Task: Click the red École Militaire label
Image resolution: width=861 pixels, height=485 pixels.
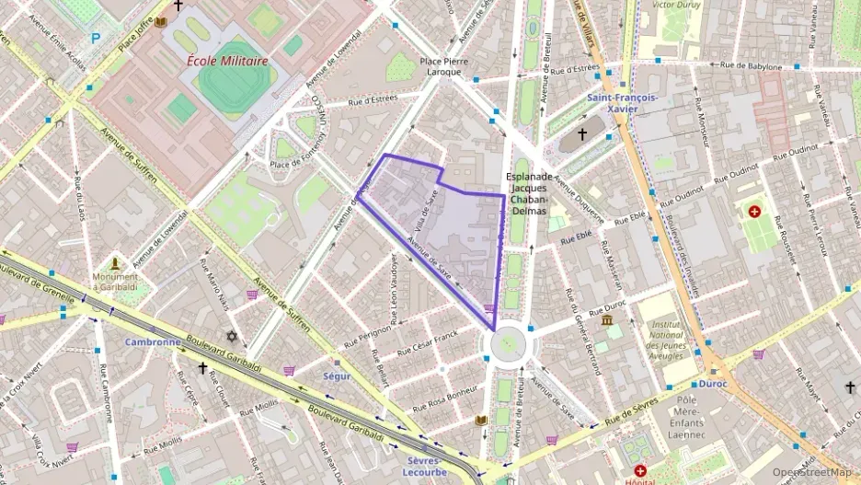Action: [227, 61]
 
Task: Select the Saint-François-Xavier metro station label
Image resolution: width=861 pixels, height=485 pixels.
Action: [623, 103]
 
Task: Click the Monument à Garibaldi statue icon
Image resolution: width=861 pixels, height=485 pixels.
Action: [116, 264]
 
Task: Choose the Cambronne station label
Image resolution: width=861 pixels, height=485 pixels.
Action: [153, 341]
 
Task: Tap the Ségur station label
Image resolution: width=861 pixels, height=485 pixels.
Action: [337, 375]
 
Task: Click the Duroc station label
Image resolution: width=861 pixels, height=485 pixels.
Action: [712, 383]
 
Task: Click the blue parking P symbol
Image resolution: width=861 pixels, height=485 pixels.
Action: [95, 39]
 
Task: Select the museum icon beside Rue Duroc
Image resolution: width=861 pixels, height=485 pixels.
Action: [606, 320]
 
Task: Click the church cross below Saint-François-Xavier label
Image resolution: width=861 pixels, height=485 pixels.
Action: [581, 135]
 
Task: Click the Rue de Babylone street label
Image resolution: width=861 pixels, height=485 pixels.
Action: [751, 66]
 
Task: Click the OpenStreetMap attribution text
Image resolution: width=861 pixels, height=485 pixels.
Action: [811, 472]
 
